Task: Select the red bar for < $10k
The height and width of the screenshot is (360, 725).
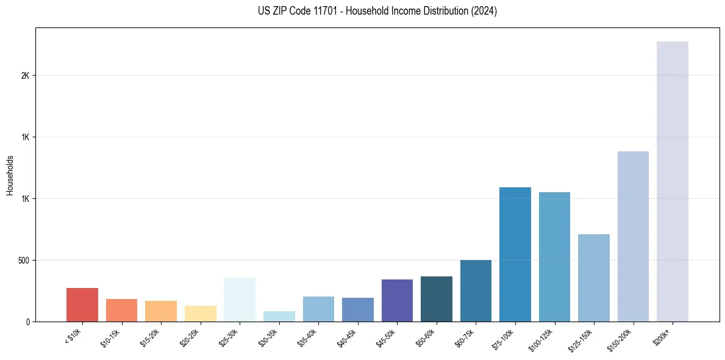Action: (x=82, y=304)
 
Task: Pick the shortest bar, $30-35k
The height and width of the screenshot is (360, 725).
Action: (x=279, y=316)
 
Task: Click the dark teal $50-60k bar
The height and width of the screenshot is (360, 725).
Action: (x=436, y=299)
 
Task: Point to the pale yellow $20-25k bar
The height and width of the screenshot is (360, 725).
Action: (x=200, y=314)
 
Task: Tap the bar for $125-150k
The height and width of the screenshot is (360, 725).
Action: (x=593, y=278)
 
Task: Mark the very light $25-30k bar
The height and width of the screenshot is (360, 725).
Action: (x=240, y=300)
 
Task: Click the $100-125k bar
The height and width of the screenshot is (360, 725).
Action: (x=554, y=257)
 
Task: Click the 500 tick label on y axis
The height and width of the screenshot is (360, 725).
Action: (x=23, y=261)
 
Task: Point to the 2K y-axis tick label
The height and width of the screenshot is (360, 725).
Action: (x=25, y=76)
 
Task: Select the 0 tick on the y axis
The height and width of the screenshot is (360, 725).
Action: (x=27, y=322)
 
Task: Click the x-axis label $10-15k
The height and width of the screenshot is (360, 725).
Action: (x=110, y=337)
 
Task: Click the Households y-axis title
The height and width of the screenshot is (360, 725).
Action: (x=10, y=175)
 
